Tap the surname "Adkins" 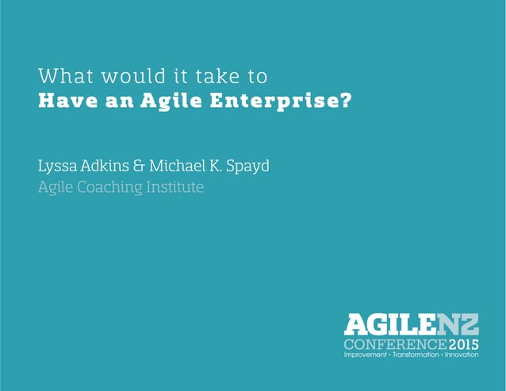click(x=107, y=167)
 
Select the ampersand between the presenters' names click(x=144, y=167)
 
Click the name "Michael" click(x=185, y=167)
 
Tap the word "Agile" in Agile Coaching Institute click(x=56, y=188)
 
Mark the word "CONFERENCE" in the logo click(x=394, y=344)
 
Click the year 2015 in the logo click(x=463, y=344)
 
